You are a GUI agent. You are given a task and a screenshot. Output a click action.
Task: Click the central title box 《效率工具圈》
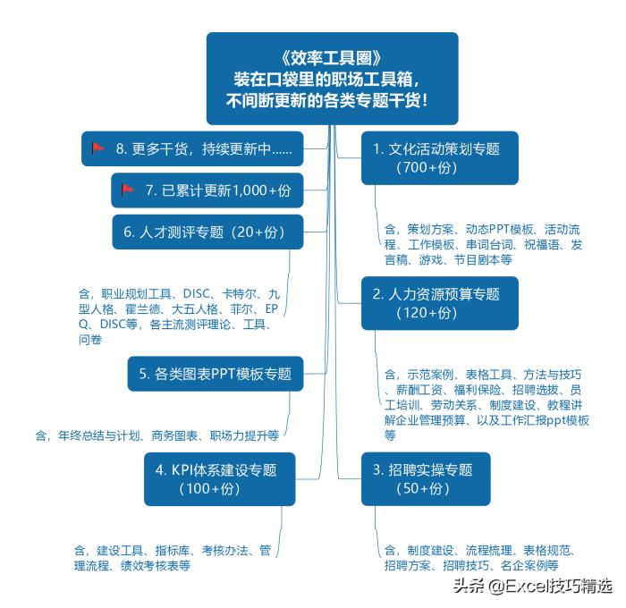tap(332, 78)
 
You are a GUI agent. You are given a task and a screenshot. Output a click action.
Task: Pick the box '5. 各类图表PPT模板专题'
tap(215, 374)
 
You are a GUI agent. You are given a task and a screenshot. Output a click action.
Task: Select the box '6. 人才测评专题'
tap(207, 232)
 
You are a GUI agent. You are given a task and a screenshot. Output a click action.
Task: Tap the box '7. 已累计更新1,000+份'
tap(207, 190)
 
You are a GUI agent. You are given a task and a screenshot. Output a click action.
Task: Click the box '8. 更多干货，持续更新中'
tap(191, 148)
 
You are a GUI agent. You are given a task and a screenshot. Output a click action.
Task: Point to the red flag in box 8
tap(98, 148)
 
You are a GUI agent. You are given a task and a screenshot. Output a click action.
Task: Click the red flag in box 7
tap(128, 190)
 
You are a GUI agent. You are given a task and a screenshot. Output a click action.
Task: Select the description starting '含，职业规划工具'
tap(179, 316)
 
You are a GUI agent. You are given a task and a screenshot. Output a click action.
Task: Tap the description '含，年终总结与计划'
tap(156, 435)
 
